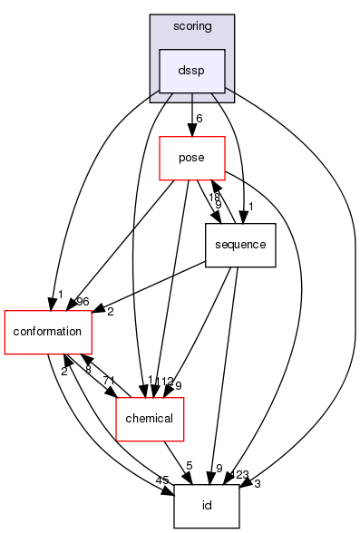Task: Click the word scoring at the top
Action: [x=192, y=26]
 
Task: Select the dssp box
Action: [x=192, y=70]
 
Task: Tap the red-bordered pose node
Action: [x=192, y=157]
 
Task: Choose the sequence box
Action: [x=240, y=244]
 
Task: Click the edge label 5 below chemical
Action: [x=190, y=466]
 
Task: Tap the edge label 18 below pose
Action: [x=215, y=196]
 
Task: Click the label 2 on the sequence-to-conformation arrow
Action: [x=108, y=311]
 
